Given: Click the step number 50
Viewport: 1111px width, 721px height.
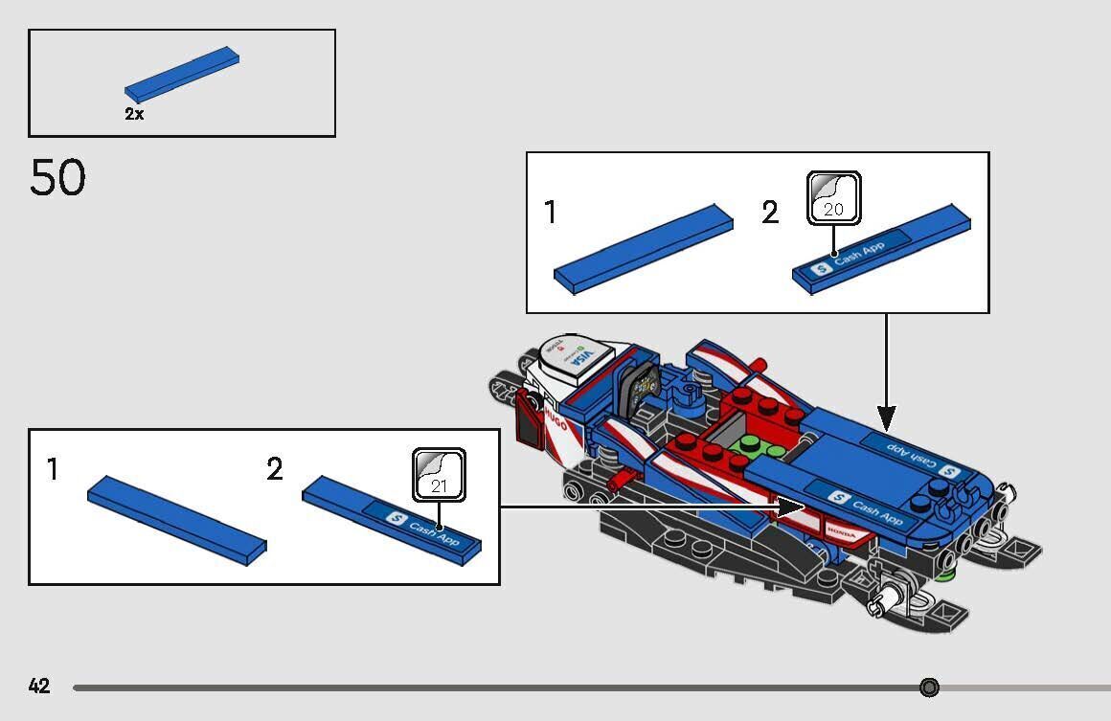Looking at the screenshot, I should (57, 178).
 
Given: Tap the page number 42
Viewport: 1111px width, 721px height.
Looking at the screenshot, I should (39, 687).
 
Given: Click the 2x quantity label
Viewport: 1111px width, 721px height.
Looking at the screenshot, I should (134, 114).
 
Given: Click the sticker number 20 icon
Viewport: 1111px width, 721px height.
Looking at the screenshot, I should (833, 198).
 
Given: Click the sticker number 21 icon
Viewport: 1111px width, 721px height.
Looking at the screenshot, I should (439, 475).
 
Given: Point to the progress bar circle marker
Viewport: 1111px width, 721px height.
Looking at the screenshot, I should (929, 687).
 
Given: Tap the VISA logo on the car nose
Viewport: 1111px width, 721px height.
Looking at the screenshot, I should (581, 361).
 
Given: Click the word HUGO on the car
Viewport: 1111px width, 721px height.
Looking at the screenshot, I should (555, 419).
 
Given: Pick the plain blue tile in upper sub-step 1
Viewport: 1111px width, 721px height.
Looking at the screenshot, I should (643, 247).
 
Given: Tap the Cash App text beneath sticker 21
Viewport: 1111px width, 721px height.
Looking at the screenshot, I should (434, 532).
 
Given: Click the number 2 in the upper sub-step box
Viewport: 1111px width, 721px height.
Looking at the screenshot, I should (770, 214).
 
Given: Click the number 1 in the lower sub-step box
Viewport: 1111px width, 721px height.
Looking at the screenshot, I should (54, 470).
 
